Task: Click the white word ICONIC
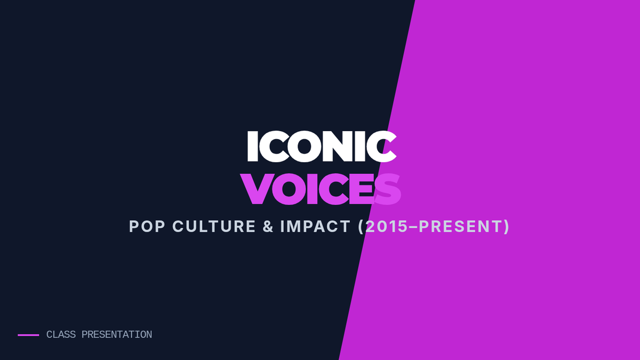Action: [x=322, y=147]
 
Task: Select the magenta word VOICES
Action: [x=321, y=189]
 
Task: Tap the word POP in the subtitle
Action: [x=147, y=226]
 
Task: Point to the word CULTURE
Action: [x=214, y=226]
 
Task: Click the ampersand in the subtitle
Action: [x=268, y=226]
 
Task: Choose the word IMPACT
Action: [x=315, y=226]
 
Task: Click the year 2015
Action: [x=387, y=226]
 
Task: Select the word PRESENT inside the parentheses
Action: [x=460, y=226]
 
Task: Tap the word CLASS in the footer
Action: [x=61, y=334]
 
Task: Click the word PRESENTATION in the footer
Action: [x=117, y=334]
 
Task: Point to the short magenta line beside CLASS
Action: [x=28, y=335]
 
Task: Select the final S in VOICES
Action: [x=388, y=189]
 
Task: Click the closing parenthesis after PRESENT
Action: [x=507, y=227]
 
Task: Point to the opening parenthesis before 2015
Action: [x=361, y=227]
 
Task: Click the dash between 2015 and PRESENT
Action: [x=413, y=227]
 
